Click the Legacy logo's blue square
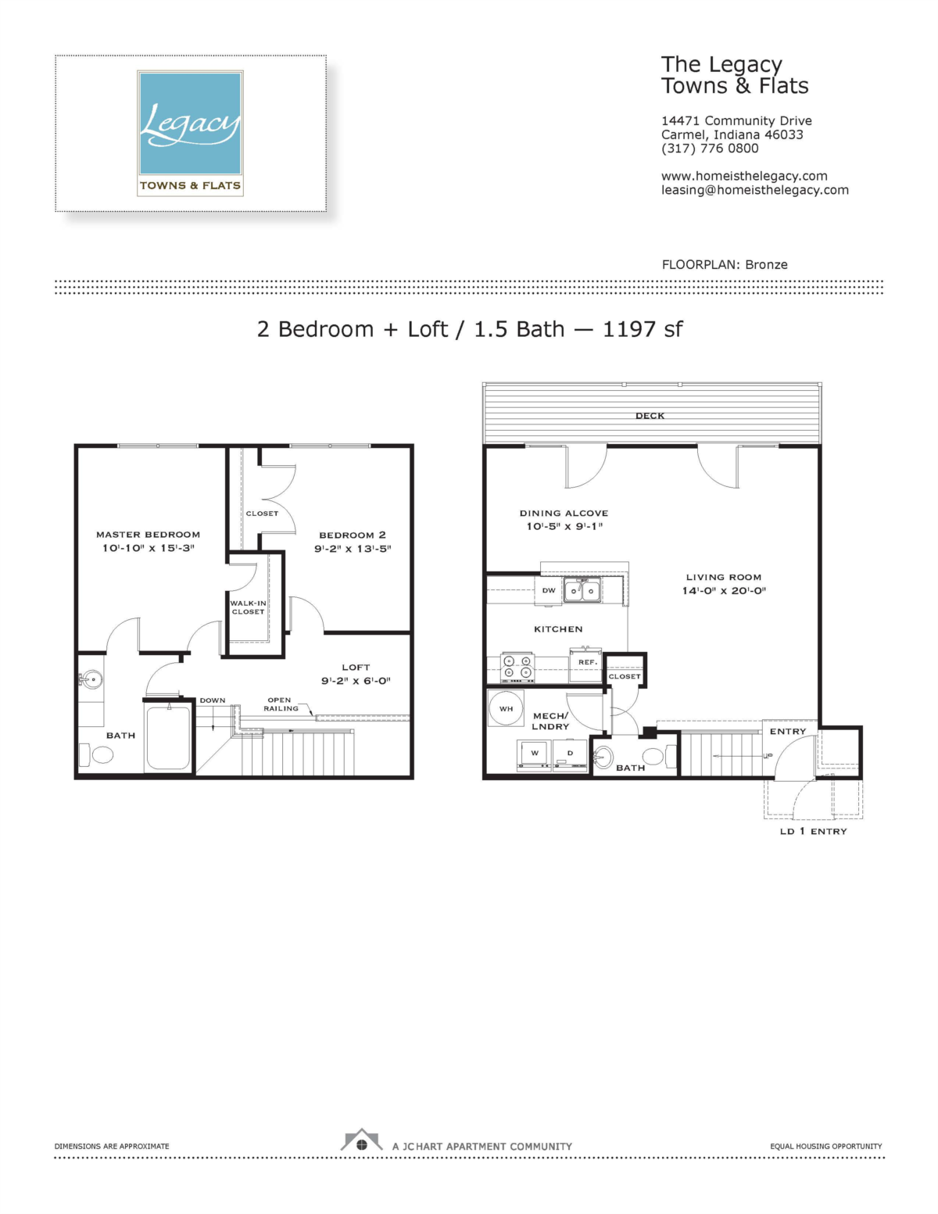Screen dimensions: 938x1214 (190, 123)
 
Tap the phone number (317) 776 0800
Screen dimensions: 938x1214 (710, 149)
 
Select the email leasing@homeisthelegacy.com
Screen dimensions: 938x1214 (755, 190)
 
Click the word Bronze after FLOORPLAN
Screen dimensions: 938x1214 (766, 265)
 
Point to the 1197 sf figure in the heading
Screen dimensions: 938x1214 (643, 329)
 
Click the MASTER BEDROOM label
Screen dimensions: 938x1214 (148, 535)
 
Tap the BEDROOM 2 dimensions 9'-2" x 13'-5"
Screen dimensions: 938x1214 (353, 549)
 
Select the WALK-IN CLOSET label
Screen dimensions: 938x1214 (248, 607)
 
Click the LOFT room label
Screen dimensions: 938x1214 (356, 667)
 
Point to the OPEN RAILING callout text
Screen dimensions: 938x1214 (281, 704)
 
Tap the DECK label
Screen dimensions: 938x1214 (650, 416)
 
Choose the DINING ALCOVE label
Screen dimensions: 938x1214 (564, 513)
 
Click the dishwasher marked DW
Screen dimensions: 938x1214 (550, 591)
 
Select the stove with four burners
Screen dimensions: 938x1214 (517, 668)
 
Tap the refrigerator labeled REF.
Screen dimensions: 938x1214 (586, 664)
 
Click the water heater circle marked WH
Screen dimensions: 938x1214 (507, 708)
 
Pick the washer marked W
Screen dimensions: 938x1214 (535, 755)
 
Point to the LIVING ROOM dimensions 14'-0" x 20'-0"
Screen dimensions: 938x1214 (724, 591)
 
